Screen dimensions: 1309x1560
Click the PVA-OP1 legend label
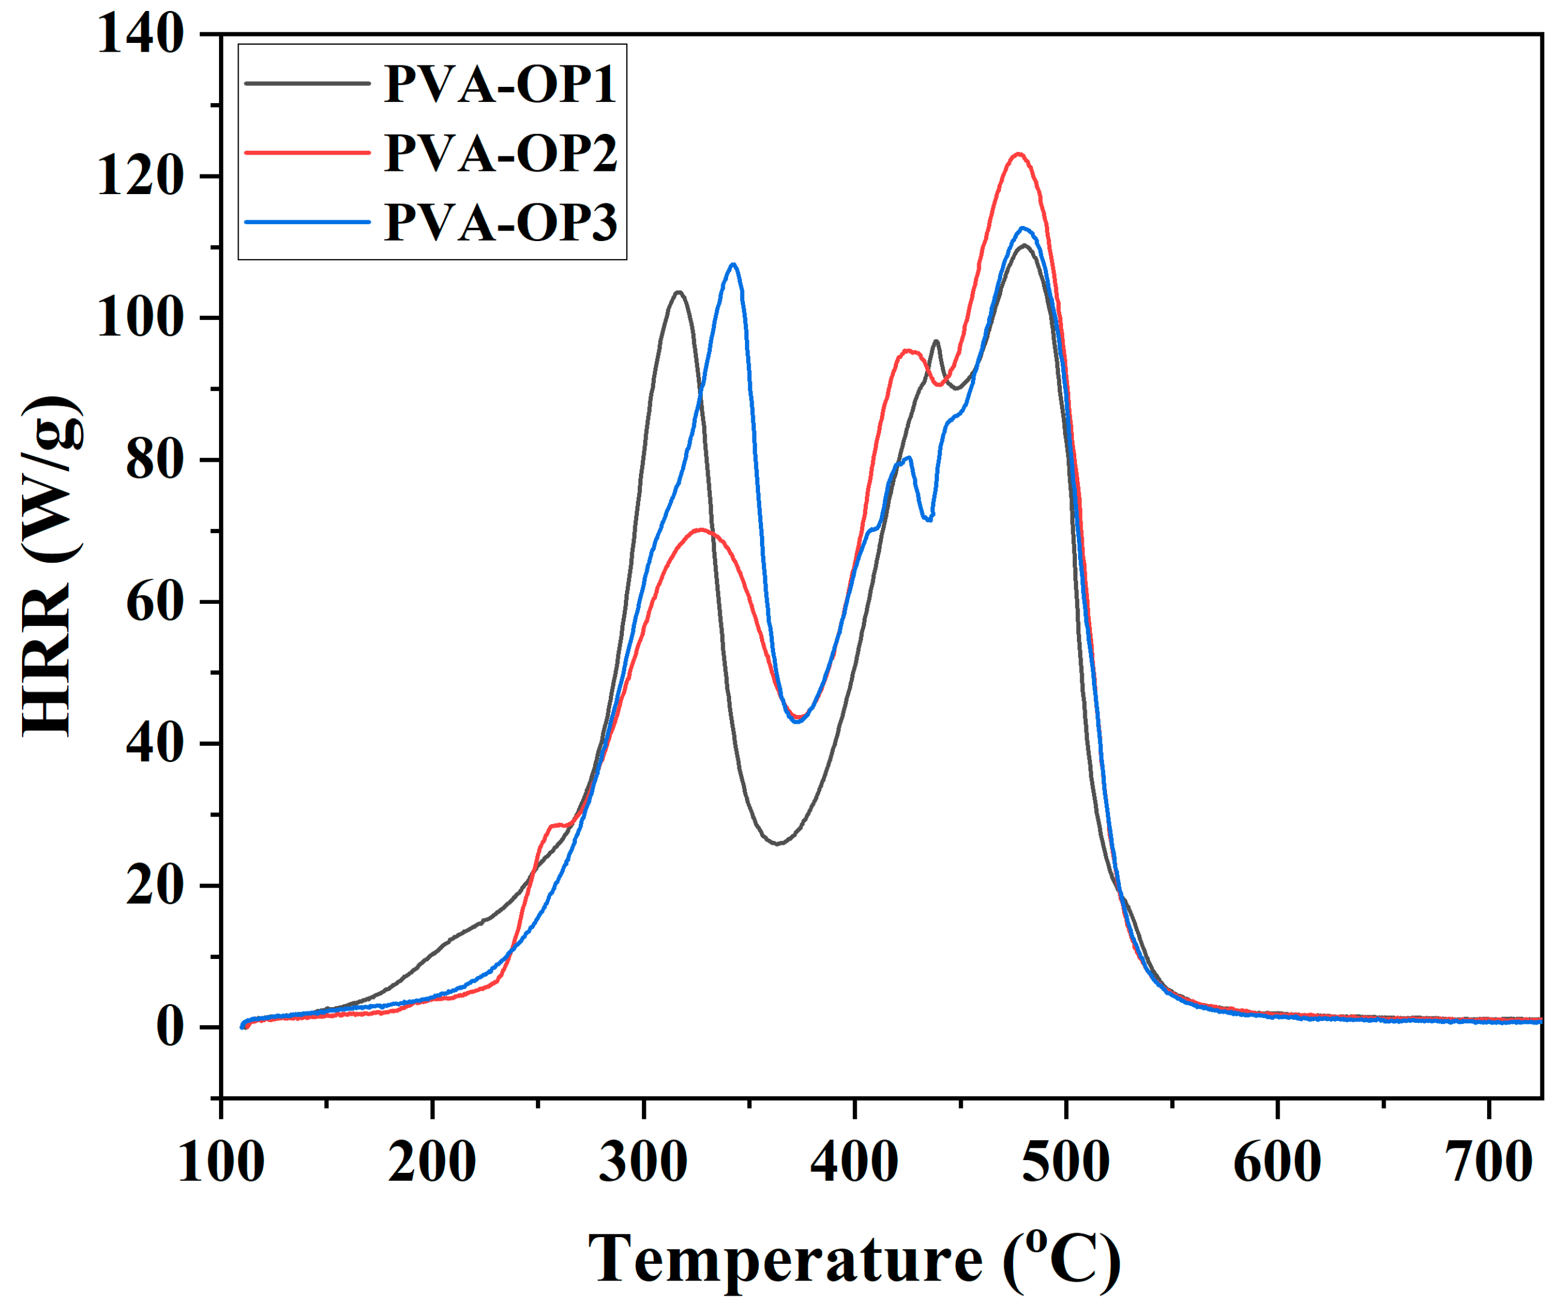tap(500, 84)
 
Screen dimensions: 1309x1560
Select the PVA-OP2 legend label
tap(500, 153)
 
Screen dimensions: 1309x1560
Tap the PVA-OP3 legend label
tap(500, 222)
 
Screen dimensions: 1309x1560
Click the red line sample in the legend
tap(307, 153)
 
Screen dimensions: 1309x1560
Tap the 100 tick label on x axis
tap(221, 1162)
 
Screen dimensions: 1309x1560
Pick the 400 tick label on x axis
tap(854, 1162)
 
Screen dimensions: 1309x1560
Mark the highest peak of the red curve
tap(1019, 155)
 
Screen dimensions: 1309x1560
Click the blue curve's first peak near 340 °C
tap(733, 264)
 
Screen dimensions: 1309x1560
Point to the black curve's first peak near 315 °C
tap(678, 292)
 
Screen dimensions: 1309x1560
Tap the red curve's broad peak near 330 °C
tap(700, 530)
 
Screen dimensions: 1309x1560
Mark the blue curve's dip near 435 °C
tap(928, 519)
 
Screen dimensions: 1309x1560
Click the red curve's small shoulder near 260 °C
tap(557, 825)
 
